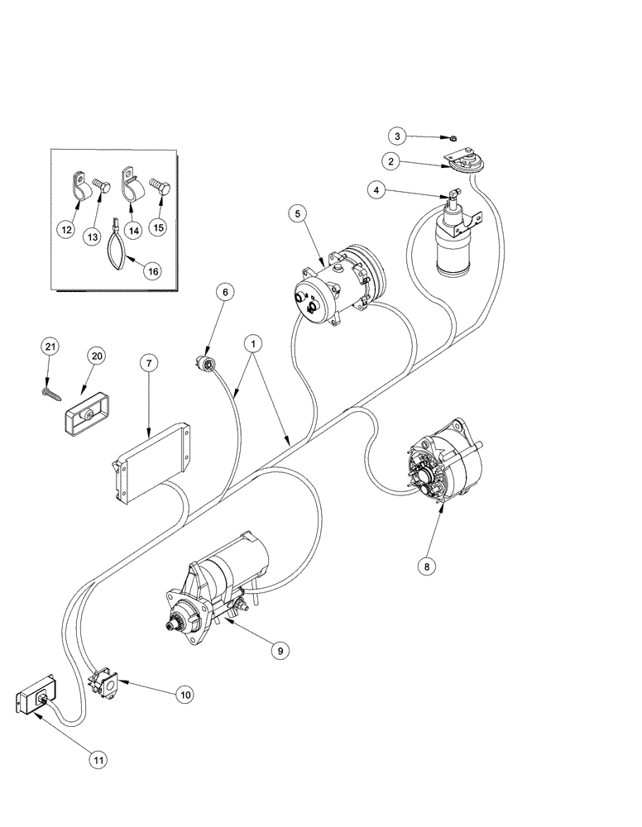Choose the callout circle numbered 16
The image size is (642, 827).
click(151, 270)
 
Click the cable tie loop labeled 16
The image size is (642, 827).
click(117, 250)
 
